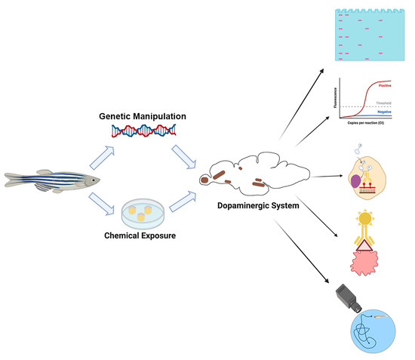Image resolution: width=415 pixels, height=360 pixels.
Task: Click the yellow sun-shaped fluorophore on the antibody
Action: coord(364,220)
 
